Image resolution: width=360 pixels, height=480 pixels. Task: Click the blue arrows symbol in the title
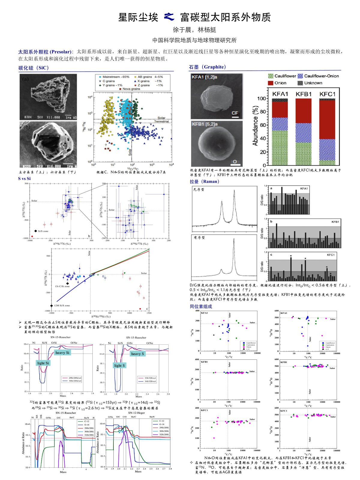pyautogui.click(x=169, y=17)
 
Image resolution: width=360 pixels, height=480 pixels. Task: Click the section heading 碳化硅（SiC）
pyautogui.click(x=34, y=68)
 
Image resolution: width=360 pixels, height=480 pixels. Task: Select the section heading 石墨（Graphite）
pyautogui.click(x=207, y=67)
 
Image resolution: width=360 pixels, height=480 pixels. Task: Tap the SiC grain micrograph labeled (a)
pyautogui.click(x=48, y=97)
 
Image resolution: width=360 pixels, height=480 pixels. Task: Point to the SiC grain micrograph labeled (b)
pyautogui.click(x=48, y=144)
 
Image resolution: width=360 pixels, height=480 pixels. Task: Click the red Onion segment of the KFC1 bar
pyautogui.click(x=327, y=119)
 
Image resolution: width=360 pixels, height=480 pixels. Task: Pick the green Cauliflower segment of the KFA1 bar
pyautogui.click(x=280, y=148)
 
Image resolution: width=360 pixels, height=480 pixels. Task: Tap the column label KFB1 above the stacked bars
pyautogui.click(x=303, y=94)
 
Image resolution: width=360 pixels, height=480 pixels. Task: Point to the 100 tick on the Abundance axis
pyautogui.click(x=261, y=99)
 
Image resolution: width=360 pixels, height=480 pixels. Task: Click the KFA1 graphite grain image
pyautogui.click(x=217, y=96)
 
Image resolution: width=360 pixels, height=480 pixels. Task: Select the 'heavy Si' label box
pyautogui.click(x=62, y=352)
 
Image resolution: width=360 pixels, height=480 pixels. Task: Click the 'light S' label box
pyautogui.click(x=119, y=365)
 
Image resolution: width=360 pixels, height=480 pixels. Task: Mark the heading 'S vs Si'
pyautogui.click(x=24, y=179)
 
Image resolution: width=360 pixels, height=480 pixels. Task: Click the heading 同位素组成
pyautogui.click(x=201, y=307)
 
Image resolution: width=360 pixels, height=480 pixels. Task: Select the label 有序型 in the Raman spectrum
pyautogui.click(x=199, y=238)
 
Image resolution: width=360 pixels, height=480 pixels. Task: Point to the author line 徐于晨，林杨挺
pyautogui.click(x=194, y=30)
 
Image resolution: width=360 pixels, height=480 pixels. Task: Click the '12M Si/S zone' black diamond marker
pyautogui.click(x=52, y=306)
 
